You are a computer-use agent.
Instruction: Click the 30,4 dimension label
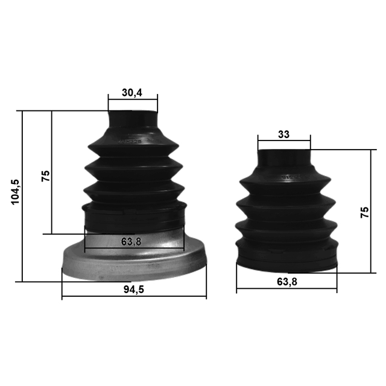pos(132,92)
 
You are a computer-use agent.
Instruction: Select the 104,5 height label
pos(15,191)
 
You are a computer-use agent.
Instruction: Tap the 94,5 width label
pos(133,289)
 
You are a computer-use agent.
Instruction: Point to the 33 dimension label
pos(283,134)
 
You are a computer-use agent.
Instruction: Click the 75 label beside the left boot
pos(45,176)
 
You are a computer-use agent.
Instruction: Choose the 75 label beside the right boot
pos(364,212)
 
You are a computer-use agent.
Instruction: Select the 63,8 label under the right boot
pos(286,281)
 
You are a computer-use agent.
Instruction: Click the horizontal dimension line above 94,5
pos(133,297)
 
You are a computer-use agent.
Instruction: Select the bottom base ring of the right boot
pos(286,261)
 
